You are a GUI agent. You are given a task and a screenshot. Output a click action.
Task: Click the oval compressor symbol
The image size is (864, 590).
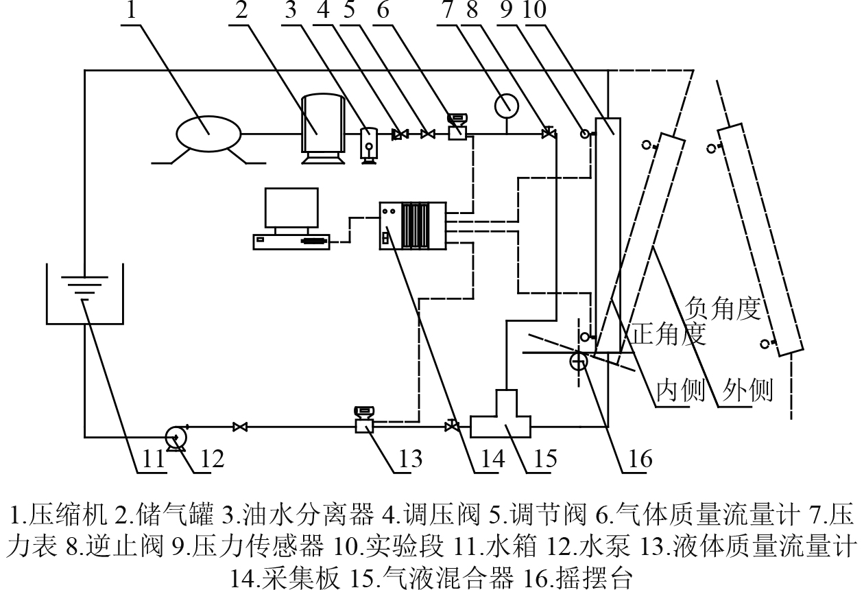205,132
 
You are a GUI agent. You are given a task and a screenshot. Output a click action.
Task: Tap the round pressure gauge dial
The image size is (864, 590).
507,105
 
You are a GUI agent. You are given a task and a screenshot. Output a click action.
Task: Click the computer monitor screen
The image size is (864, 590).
291,208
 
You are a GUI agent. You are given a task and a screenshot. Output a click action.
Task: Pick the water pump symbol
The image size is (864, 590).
176,437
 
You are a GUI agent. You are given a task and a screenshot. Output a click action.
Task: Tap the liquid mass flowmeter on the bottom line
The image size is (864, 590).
364,422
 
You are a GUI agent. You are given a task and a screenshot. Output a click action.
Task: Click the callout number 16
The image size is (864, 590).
636,458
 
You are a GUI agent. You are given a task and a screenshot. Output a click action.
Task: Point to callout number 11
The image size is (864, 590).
151,458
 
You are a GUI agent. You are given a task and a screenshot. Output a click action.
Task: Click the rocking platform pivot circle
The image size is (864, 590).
578,361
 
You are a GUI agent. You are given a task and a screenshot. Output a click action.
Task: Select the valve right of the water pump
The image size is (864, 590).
239,427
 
